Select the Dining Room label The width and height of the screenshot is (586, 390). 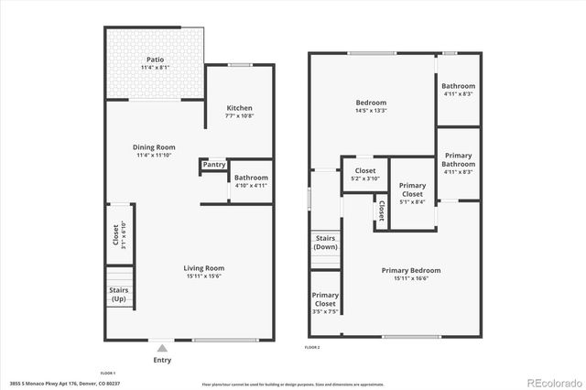[x=154, y=146]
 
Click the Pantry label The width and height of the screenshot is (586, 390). [x=214, y=165]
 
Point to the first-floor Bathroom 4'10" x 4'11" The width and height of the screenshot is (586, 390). [x=250, y=181]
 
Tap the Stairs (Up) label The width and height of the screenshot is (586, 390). [x=119, y=295]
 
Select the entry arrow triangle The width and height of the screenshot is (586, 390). [x=162, y=348]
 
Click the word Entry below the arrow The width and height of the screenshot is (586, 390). [x=162, y=360]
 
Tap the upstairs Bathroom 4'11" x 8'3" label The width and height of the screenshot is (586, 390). [x=459, y=90]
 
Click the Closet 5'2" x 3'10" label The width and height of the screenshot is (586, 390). [x=364, y=174]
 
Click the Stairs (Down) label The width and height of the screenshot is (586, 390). [x=325, y=243]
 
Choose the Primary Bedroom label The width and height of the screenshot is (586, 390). [x=411, y=270]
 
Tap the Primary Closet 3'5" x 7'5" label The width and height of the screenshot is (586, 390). [x=325, y=303]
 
